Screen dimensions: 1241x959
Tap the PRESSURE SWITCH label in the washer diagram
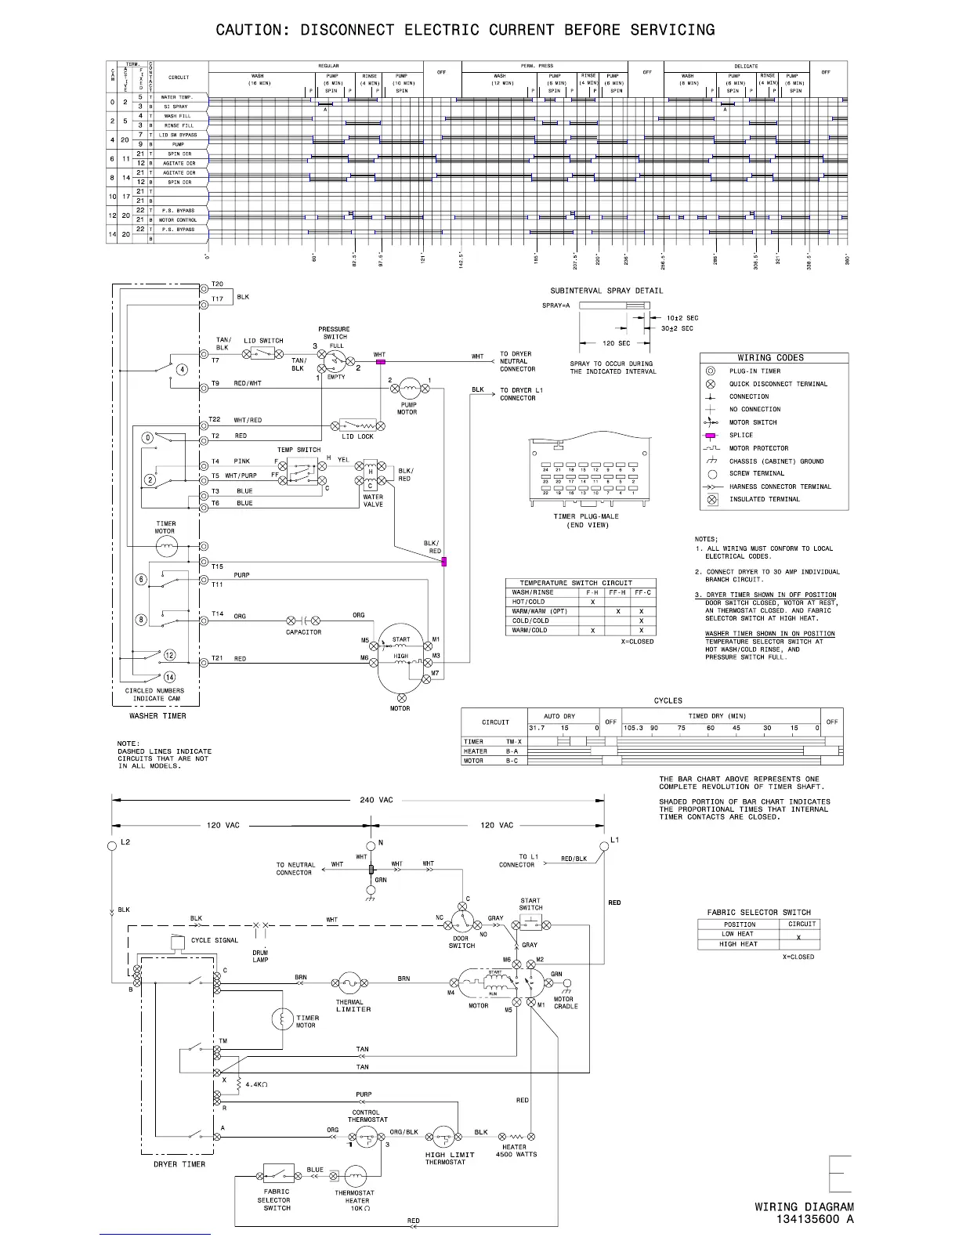[x=334, y=333]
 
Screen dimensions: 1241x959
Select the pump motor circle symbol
[x=409, y=388]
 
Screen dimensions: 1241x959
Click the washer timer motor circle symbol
[x=166, y=547]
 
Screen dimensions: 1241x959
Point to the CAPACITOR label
[x=303, y=632]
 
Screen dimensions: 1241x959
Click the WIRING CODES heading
[x=770, y=358]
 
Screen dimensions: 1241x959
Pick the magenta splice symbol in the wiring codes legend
[x=711, y=436]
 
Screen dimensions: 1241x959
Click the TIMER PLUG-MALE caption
[x=585, y=517]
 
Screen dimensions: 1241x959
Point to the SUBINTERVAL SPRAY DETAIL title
[x=606, y=291]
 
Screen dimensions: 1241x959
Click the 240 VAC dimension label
[x=376, y=800]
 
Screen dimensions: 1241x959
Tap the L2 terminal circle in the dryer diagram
[x=112, y=845]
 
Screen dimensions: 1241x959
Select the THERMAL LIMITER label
[x=353, y=1005]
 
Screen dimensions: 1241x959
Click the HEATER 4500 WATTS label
[x=516, y=1150]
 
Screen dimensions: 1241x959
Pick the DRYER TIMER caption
[x=179, y=1164]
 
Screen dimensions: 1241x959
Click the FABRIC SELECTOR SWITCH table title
[x=758, y=912]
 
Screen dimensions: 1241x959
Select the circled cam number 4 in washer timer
[x=182, y=370]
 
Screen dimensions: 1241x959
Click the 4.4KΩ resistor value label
[x=256, y=1084]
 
